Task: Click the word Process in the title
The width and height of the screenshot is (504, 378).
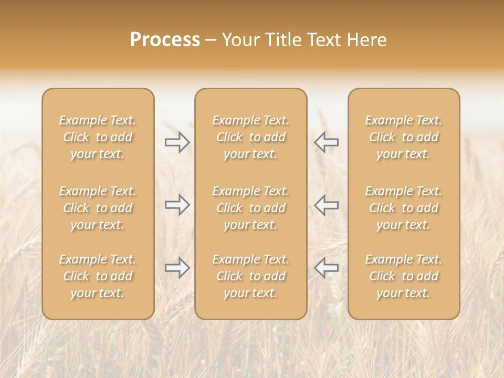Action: tap(165, 40)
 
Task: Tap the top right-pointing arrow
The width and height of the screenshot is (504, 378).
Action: tap(177, 142)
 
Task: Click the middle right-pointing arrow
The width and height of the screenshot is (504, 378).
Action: tap(177, 205)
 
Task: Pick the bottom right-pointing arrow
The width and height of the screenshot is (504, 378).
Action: tap(177, 268)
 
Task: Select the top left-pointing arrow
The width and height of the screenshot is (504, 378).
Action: tap(326, 142)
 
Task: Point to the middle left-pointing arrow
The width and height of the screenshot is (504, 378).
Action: tap(326, 205)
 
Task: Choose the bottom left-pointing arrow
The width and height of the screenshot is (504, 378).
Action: tap(326, 268)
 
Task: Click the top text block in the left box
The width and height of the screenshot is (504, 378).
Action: tap(98, 137)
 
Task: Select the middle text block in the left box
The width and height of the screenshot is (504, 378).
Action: tap(98, 208)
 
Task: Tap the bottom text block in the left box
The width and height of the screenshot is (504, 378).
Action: tap(98, 276)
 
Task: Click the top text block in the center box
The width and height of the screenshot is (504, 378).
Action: tap(251, 137)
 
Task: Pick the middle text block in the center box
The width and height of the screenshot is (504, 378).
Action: tap(251, 208)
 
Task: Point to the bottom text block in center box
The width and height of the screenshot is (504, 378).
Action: tap(251, 276)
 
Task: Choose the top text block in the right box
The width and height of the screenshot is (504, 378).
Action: tap(404, 137)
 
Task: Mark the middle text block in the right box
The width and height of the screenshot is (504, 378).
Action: tap(404, 208)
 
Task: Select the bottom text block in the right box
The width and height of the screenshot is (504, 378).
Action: tap(404, 276)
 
